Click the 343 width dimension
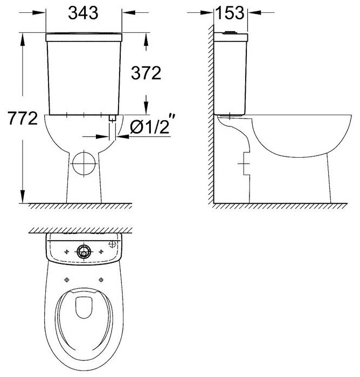pos(83,13)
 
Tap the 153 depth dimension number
pos(230,13)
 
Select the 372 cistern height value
pos(146,73)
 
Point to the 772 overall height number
pos(23,118)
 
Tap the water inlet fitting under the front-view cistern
pos(113,118)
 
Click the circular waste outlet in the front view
pos(84,164)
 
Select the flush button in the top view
pos(84,252)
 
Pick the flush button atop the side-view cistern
pos(230,32)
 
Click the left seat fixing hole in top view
pos(67,280)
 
